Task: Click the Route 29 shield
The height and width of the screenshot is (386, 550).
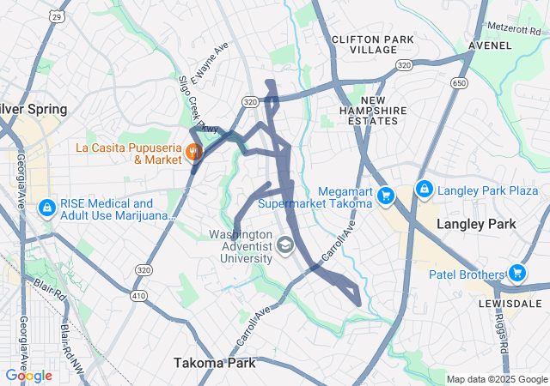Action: (56, 16)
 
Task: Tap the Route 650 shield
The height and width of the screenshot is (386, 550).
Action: (460, 83)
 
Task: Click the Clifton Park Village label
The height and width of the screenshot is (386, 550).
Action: (372, 45)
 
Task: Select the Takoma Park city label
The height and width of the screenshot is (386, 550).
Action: (215, 363)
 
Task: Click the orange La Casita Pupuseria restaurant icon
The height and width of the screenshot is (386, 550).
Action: (193, 154)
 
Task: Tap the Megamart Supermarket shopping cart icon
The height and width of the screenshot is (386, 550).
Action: (386, 196)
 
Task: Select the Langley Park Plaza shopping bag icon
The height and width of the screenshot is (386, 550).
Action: (424, 189)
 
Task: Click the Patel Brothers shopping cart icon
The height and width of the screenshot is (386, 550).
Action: (516, 274)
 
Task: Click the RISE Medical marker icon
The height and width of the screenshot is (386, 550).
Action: (46, 208)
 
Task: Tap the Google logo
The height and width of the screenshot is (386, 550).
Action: (28, 375)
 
